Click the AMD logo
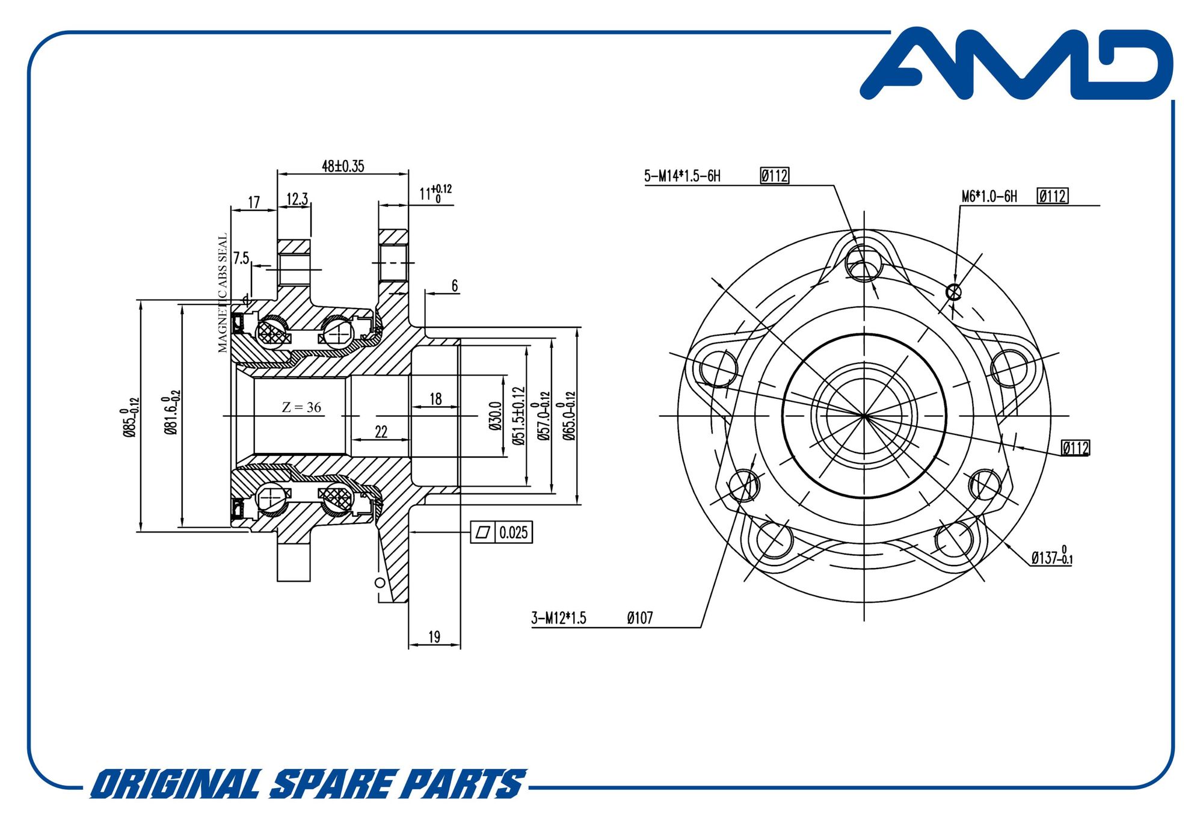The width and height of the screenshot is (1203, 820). (x=1017, y=63)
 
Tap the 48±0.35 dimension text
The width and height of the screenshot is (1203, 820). (x=343, y=166)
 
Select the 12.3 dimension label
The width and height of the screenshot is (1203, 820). (x=297, y=199)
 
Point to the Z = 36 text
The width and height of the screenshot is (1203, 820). (x=301, y=407)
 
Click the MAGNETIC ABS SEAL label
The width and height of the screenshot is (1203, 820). (x=223, y=293)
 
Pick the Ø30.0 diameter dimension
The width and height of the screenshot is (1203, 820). (x=495, y=416)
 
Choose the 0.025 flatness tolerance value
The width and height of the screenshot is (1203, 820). (x=514, y=532)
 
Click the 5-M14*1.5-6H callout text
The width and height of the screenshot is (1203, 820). (x=682, y=176)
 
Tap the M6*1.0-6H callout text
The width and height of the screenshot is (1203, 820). (x=989, y=196)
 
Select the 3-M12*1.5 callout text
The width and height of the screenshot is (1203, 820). (x=558, y=618)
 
